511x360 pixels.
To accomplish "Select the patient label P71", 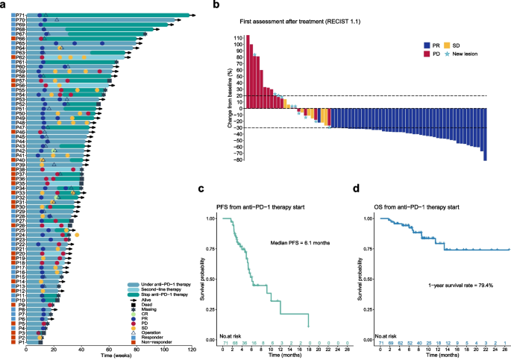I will pos(19,15).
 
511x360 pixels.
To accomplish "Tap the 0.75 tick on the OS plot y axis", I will pos(369,250).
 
